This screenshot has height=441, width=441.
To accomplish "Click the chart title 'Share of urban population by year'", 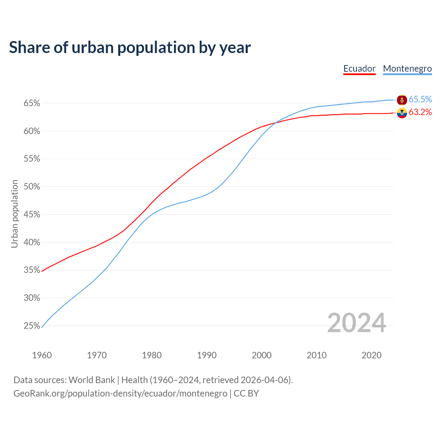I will [x=130, y=48].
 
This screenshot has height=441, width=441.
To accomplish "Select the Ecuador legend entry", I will [x=359, y=69].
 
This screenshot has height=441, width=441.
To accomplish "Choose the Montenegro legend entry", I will [x=407, y=69].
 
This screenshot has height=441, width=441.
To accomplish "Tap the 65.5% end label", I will [x=420, y=99].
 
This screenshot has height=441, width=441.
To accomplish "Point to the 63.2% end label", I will [x=420, y=112].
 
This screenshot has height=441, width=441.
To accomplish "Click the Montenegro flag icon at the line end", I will [x=402, y=100].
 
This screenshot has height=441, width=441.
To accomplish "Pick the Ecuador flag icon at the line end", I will [x=402, y=113].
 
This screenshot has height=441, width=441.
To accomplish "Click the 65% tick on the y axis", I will [x=32, y=103].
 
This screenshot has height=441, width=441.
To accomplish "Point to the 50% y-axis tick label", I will [x=32, y=187].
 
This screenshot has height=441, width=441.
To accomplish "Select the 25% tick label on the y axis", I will [x=32, y=326].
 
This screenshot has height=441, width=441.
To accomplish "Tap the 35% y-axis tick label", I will [x=32, y=270].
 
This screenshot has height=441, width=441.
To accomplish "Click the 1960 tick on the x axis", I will [x=42, y=355].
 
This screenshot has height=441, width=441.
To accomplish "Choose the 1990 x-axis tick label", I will [x=207, y=355].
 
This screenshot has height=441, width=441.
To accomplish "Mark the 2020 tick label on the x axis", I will [x=371, y=355].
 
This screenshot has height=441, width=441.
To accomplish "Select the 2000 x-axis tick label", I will [x=261, y=355].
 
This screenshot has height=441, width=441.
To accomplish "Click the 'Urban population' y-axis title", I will [x=14, y=214].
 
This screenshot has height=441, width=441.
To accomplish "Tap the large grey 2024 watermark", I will [x=356, y=323].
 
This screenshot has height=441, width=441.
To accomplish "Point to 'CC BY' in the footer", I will [x=246, y=393].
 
